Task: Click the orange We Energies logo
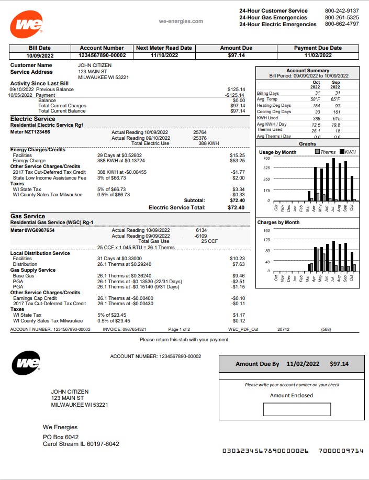[x=26, y=25]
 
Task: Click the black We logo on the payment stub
[x=26, y=363]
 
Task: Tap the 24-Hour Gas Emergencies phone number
[x=341, y=17]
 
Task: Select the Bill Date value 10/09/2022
[x=40, y=55]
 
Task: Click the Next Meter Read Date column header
[x=164, y=48]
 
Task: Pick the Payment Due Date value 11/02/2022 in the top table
[x=318, y=55]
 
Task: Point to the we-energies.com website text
[x=181, y=21]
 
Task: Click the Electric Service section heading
[x=33, y=119]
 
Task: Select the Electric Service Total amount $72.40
[x=236, y=207]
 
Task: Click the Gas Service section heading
[x=28, y=216]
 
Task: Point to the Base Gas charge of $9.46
[x=238, y=276]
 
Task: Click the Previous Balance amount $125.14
[x=236, y=90]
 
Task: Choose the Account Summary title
[x=307, y=70]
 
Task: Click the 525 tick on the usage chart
[x=266, y=168]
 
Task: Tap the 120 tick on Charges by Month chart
[x=266, y=240]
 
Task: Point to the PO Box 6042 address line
[x=61, y=437]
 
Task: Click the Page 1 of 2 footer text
[x=179, y=329]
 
